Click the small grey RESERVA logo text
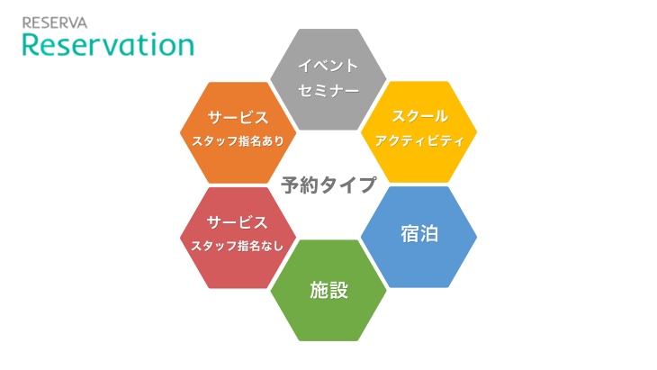55,23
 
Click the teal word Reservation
108,44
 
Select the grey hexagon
328,79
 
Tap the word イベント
328,66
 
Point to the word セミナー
328,91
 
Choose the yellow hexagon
419,132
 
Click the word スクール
419,116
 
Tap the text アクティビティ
419,140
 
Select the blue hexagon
419,237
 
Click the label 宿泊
419,234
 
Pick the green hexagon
328,291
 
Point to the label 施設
328,290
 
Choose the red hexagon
238,238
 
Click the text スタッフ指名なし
238,246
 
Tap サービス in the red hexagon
238,222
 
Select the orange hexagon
238,133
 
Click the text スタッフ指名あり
238,141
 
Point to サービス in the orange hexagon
238,118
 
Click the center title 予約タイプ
328,185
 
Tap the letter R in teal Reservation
31,45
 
